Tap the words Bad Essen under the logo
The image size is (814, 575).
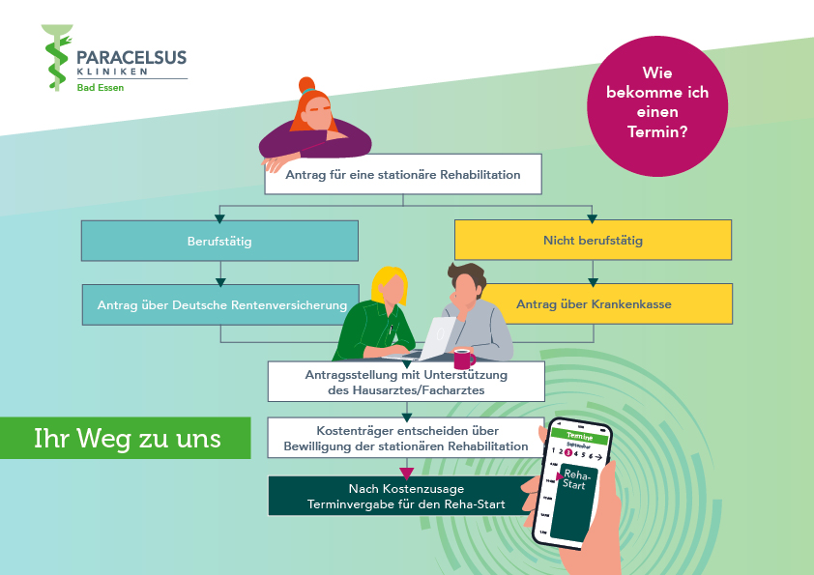tap(101, 88)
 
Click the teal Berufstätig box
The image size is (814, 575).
tap(218, 241)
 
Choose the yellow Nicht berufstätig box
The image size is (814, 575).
tap(592, 241)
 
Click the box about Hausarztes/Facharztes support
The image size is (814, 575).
tap(406, 382)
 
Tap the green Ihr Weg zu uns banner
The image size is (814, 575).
tap(127, 438)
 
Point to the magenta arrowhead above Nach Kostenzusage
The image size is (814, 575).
tap(406, 473)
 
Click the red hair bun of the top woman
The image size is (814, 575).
tap(306, 84)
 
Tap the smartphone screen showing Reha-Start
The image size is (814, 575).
tap(578, 482)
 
